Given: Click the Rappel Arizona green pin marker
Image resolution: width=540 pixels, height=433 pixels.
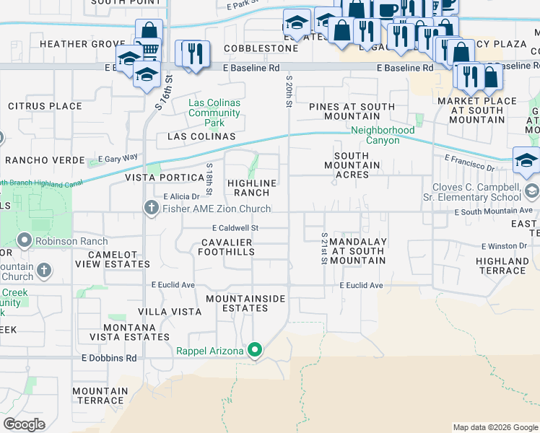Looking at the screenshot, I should coord(254,351).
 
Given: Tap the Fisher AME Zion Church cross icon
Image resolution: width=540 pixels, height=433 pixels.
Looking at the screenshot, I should coord(151,209).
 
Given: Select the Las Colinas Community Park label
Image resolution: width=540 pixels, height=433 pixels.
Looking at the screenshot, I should coord(214,113).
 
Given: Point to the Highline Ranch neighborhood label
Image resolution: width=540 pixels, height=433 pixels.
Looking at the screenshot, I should coord(253,188).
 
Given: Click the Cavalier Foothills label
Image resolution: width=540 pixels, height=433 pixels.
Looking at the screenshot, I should coord(227,247).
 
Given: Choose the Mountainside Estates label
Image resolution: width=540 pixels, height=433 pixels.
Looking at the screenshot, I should coord(245,303).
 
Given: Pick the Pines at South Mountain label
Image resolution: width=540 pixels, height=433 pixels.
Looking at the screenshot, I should coord(352,111).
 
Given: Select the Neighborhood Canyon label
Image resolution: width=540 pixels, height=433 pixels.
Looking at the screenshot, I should coord(383,135).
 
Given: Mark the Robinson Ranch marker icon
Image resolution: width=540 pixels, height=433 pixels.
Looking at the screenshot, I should coord(25,241).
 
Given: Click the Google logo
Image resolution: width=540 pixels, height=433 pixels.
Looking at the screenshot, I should coord(24,424).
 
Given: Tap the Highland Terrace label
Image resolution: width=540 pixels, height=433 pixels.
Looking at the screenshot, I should coord(502,266).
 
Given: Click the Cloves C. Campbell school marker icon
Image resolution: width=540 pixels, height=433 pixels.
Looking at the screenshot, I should coord(532,191).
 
